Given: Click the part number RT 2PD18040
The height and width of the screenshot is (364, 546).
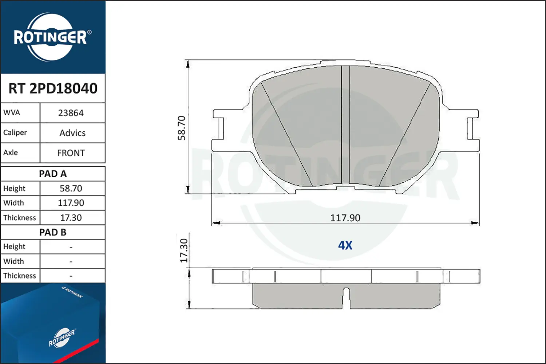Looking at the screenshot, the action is click(53, 88).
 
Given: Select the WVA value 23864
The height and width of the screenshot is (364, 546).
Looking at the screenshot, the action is click(71, 113).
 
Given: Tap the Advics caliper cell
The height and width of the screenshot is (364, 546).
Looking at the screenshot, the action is click(72, 133).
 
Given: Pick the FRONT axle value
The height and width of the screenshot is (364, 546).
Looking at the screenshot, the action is click(71, 153).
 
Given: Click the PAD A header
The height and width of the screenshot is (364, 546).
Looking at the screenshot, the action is click(53, 174).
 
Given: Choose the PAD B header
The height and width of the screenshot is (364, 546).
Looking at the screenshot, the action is click(53, 232).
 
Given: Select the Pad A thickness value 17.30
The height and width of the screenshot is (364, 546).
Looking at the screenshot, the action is click(71, 217).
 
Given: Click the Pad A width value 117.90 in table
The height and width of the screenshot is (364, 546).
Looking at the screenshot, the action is click(71, 203).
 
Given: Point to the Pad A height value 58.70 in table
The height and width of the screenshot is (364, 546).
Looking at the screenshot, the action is click(71, 188).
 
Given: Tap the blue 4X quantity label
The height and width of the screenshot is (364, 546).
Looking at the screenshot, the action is click(345, 245).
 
